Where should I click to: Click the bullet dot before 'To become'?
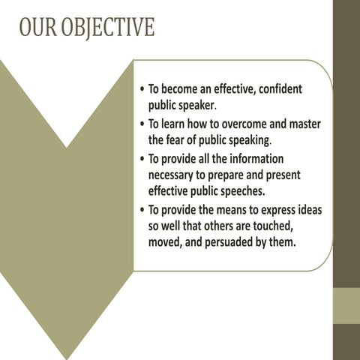click(142, 90)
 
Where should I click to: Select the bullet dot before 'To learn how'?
click(142, 124)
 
